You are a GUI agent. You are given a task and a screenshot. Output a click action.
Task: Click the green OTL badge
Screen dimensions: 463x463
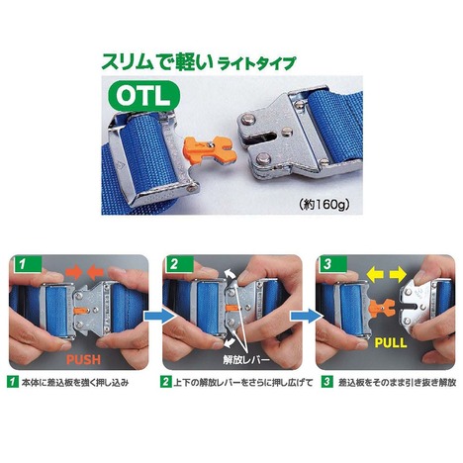click(144, 95)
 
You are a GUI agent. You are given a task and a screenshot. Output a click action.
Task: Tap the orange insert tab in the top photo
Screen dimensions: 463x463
click(209, 149)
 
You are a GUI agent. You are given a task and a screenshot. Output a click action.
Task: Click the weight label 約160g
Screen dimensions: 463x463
click(324, 205)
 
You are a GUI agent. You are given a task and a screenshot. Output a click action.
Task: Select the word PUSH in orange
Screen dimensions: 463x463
click(84, 359)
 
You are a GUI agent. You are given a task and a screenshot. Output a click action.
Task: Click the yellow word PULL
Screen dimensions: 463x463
click(391, 343)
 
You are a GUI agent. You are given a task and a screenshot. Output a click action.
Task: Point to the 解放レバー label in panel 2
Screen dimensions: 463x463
click(246, 359)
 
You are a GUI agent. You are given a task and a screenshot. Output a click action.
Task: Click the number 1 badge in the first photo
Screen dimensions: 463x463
click(26, 264)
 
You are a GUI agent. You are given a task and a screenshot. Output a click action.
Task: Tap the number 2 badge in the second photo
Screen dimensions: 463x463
click(178, 264)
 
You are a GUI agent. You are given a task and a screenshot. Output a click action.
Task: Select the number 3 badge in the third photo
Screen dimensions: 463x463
click(331, 264)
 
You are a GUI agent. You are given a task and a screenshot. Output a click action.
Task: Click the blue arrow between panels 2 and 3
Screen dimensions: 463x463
click(306, 316)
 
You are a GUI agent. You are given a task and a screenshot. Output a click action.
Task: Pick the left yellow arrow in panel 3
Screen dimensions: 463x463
click(376, 275)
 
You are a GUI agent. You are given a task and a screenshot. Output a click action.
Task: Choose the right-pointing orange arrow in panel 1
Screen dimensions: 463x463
click(75, 272)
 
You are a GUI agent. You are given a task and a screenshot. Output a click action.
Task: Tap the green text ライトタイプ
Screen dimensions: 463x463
click(255, 63)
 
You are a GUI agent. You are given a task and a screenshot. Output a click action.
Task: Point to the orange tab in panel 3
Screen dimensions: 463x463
click(382, 308)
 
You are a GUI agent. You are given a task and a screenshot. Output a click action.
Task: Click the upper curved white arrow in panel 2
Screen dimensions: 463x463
click(230, 276)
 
